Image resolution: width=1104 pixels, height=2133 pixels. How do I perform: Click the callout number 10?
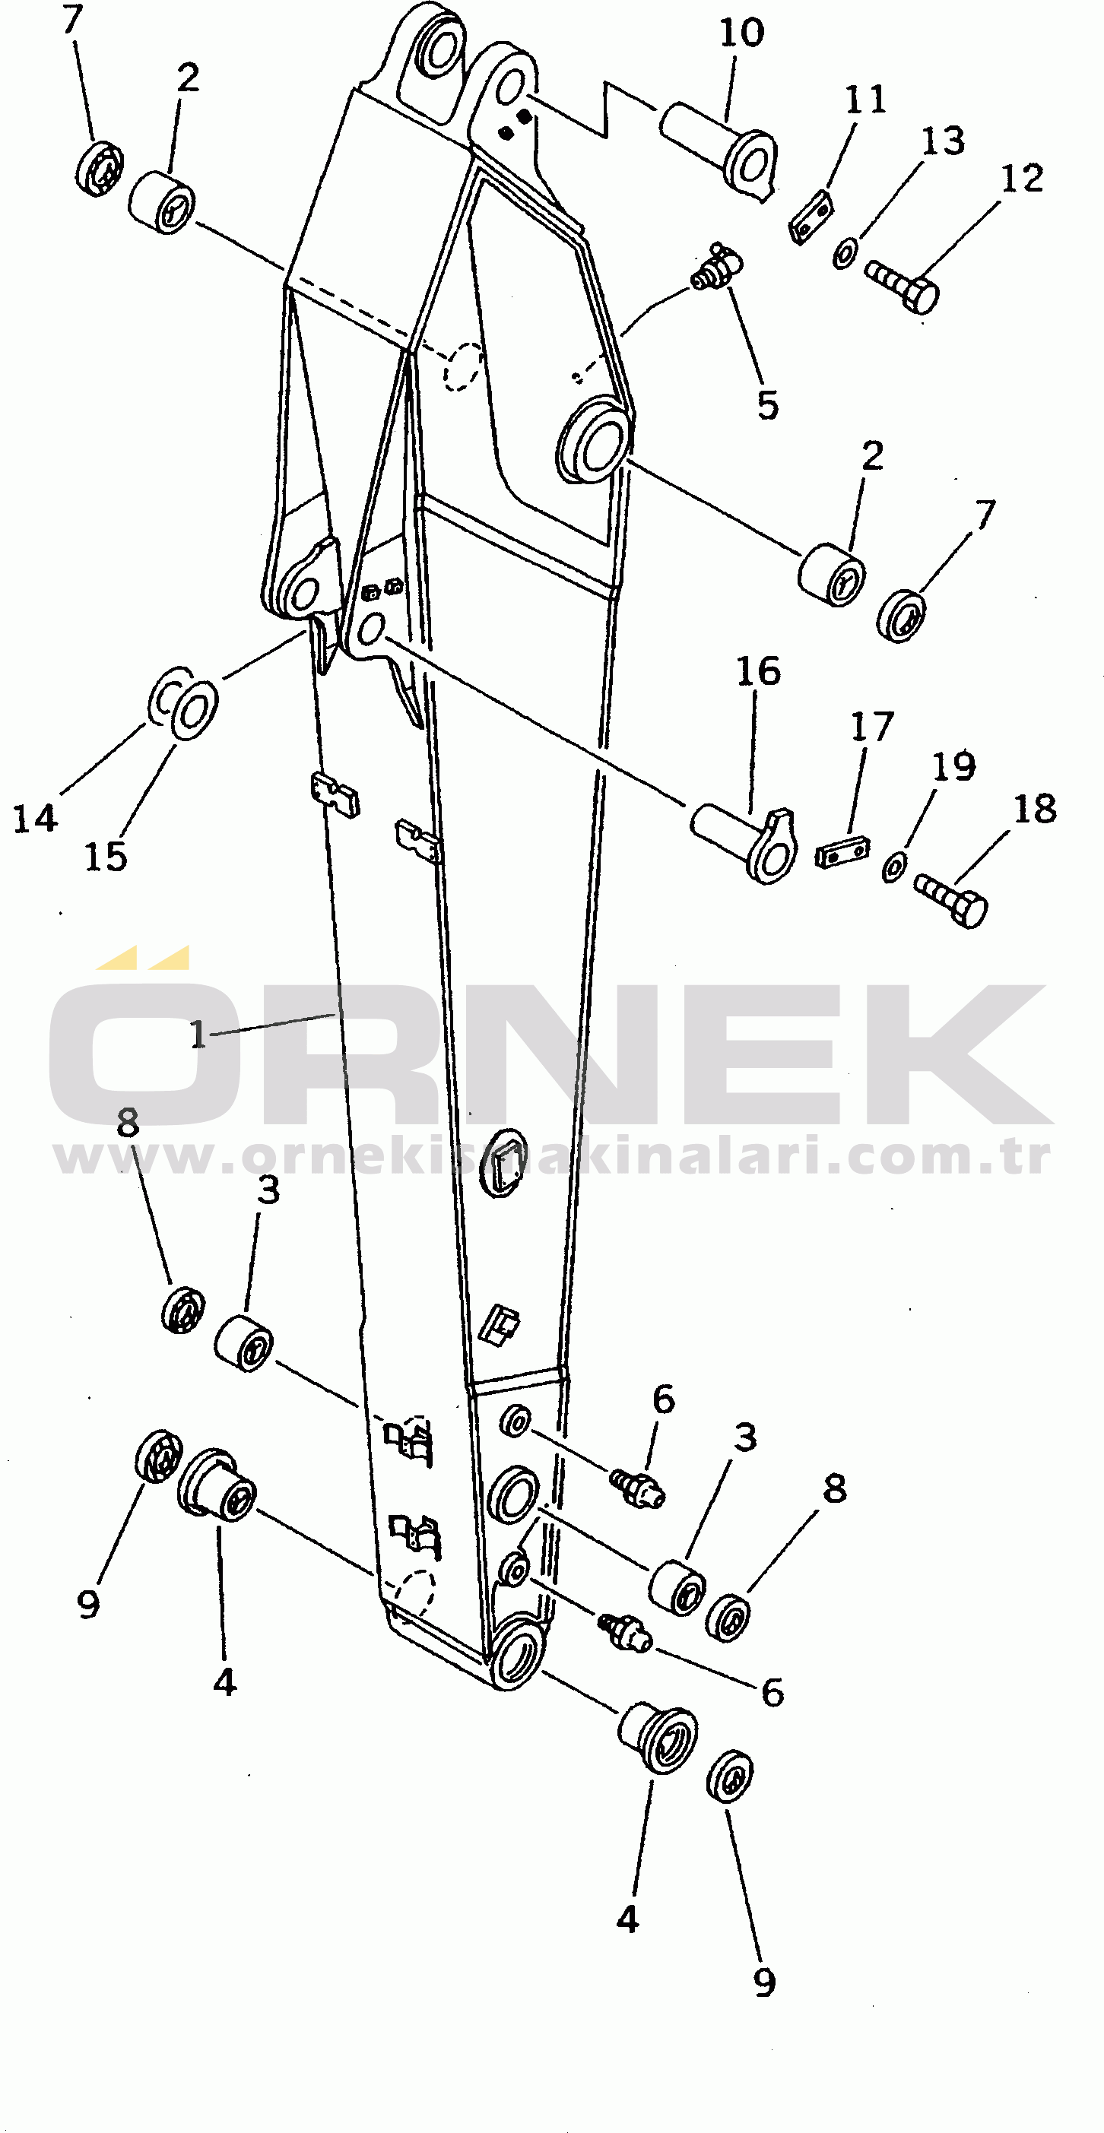pos(741,34)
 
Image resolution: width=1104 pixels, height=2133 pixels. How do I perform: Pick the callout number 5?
pos(768,405)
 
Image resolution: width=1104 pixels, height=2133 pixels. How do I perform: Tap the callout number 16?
pos(758,671)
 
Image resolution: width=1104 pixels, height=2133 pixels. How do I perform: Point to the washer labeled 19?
pos(894,865)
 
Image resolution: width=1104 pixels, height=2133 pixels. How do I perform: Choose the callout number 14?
pos(35,819)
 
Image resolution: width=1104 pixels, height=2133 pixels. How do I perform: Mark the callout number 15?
pos(106,857)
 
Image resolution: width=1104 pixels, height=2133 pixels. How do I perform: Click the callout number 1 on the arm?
pos(198,1035)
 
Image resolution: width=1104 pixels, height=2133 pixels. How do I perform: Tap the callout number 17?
pos(872,727)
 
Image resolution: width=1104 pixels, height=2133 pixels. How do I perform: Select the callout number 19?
pos(954,766)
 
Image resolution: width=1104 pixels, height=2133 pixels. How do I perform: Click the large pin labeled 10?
pos(719,147)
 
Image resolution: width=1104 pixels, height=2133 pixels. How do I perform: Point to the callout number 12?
pos(1022,179)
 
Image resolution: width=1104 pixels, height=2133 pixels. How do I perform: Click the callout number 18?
pos(1036,809)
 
